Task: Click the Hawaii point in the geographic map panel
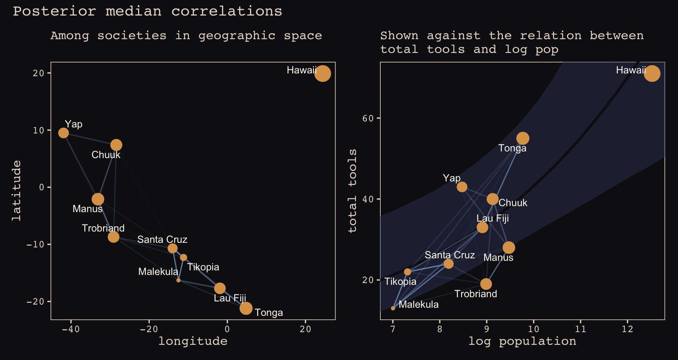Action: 322,73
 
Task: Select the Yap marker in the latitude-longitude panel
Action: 64,133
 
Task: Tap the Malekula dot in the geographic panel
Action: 178,280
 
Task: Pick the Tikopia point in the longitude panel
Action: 184,257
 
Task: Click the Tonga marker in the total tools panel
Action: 523,138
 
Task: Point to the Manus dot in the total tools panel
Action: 509,248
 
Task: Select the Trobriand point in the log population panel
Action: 486,284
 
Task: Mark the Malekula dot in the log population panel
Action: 393,308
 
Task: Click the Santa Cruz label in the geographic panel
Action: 162,240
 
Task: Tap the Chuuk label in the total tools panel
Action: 513,203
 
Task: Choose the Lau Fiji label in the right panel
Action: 493,218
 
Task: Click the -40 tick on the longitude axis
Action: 71,329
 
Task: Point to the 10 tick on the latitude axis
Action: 38,130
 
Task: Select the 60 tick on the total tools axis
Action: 368,118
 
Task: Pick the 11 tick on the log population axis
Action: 581,329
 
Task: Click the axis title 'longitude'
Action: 193,341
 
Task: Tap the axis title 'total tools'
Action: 352,191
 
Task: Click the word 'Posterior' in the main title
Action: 54,11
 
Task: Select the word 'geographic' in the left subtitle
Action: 237,36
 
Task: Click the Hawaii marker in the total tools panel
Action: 652,73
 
